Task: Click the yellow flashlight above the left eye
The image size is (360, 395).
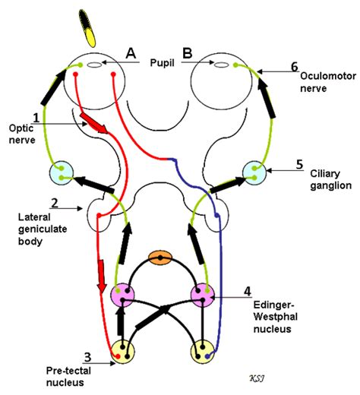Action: [x=87, y=28]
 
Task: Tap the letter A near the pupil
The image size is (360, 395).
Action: [x=131, y=53]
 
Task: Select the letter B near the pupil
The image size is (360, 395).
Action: [x=188, y=53]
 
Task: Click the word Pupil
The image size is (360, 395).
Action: [x=163, y=63]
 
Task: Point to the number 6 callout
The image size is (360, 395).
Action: [x=295, y=67]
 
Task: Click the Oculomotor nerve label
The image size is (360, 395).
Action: [x=328, y=82]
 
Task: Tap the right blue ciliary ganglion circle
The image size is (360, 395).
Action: [x=254, y=173]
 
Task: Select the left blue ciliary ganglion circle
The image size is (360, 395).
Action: [x=62, y=172]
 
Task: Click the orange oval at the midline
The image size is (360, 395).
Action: [x=160, y=258]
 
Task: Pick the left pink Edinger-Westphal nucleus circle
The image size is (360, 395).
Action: [x=123, y=295]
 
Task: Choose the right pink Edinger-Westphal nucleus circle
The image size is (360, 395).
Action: [x=203, y=295]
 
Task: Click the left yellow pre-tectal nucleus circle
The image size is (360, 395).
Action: [x=123, y=352]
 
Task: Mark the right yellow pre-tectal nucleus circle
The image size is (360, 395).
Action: [x=203, y=352]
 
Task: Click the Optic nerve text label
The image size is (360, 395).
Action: [x=22, y=134]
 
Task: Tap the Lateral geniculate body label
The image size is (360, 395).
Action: [x=43, y=229]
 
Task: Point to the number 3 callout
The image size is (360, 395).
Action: [x=87, y=357]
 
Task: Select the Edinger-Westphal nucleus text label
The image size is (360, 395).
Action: [x=276, y=317]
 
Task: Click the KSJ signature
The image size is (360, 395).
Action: [x=257, y=379]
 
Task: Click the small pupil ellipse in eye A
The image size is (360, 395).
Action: [x=94, y=65]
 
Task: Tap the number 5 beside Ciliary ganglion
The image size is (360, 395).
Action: [x=299, y=165]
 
